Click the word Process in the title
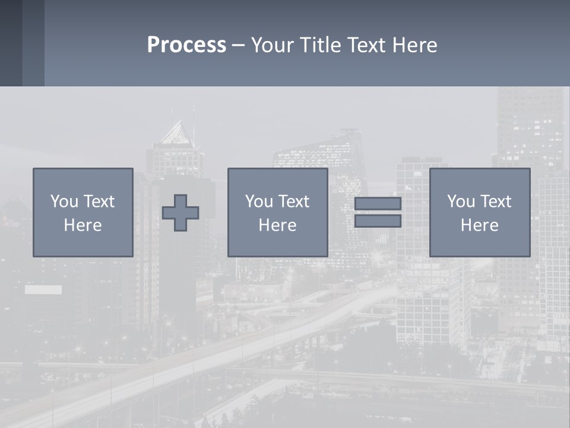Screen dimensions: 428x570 tap(186, 45)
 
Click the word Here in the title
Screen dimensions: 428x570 tap(413, 45)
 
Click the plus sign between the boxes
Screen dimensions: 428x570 tap(180, 213)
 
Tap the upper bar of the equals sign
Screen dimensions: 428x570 tap(378, 203)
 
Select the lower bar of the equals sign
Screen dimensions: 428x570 tap(378, 221)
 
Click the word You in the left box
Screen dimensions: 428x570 tap(64, 202)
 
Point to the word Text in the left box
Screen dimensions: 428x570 tap(99, 202)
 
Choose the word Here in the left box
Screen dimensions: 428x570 tap(83, 225)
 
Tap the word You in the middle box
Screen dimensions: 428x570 tap(259, 202)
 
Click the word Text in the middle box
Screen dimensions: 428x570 tap(293, 202)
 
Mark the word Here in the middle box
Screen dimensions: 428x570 tap(277, 225)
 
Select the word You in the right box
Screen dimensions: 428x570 tap(461, 202)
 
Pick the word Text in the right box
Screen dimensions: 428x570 tap(495, 202)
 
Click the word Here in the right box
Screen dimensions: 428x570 tap(479, 225)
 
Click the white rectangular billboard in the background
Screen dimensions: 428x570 tap(43, 290)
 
